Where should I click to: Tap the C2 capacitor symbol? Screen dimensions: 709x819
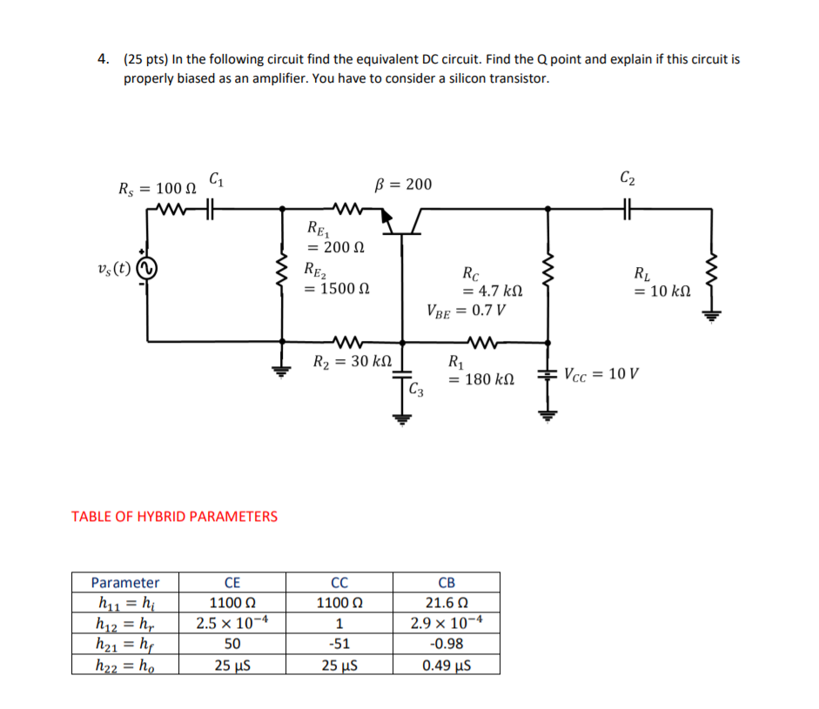[x=628, y=209]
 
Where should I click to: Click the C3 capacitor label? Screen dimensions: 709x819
[x=419, y=389]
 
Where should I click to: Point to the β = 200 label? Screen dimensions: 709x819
[x=402, y=184]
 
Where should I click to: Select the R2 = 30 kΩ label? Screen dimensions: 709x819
[x=352, y=360]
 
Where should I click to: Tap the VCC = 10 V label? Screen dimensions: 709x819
[x=601, y=375]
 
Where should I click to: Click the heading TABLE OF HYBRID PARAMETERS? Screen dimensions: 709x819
[x=174, y=516]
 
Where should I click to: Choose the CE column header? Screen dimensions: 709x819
[x=232, y=582]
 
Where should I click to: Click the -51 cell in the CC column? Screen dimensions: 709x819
[x=339, y=645]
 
